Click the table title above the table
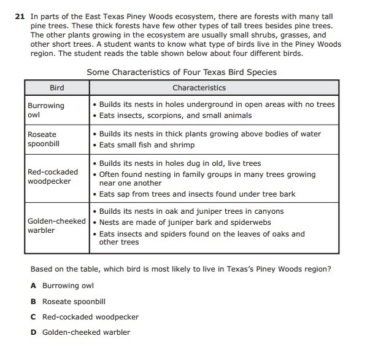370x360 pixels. (182, 72)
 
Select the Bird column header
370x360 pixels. (56, 88)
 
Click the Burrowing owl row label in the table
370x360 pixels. (45, 110)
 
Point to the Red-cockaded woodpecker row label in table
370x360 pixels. (53, 176)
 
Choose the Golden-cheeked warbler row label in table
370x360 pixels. (56, 225)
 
